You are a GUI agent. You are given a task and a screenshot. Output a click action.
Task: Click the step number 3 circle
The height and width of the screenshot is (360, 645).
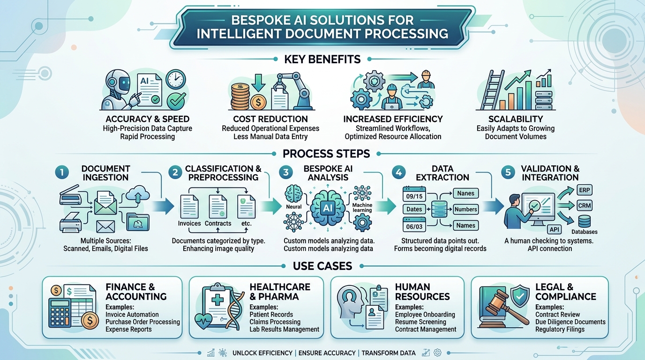tap(285, 172)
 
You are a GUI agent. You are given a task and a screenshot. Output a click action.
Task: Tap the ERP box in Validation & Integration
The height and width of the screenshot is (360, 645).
tap(584, 190)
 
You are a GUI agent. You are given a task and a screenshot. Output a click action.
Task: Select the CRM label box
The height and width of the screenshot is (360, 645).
tap(585, 206)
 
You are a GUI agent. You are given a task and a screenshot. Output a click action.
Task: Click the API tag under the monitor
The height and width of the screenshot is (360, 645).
tap(554, 229)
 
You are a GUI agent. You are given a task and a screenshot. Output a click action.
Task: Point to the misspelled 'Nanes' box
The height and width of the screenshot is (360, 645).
tap(465, 193)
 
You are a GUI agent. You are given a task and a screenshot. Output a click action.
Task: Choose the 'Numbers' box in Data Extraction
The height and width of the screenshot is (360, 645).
tap(465, 210)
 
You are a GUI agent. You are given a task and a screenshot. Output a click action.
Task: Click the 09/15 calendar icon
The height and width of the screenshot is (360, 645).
tap(414, 194)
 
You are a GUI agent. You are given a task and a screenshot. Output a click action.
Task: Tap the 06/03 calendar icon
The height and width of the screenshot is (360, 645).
tap(414, 225)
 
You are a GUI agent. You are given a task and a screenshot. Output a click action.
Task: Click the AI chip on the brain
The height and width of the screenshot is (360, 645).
tap(328, 208)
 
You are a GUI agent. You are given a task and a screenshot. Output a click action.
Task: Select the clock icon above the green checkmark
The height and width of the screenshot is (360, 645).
tap(176, 79)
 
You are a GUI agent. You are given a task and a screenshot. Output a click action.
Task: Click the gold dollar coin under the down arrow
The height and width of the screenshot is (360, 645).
tap(258, 102)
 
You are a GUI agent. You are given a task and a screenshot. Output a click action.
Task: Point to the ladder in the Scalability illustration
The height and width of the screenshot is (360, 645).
tap(492, 90)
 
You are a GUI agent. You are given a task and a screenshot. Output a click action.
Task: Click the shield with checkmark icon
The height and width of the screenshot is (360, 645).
tap(519, 296)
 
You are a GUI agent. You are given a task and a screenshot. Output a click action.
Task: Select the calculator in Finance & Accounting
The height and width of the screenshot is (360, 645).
tap(60, 313)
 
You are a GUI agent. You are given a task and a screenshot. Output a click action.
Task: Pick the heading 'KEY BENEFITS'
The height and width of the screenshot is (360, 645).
tap(322, 60)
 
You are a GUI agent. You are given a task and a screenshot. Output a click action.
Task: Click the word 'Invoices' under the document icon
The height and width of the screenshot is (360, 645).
tap(189, 224)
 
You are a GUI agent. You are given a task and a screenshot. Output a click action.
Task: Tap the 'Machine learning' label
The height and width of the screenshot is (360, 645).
tap(362, 208)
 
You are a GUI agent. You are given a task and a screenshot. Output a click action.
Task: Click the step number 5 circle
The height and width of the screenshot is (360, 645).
tap(508, 172)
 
